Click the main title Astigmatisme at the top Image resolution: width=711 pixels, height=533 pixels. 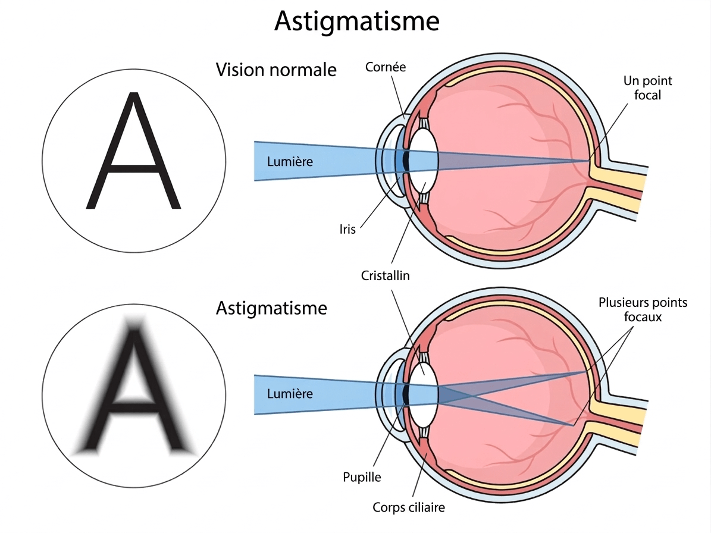tap(357, 21)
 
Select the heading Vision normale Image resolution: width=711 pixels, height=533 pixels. tap(276, 70)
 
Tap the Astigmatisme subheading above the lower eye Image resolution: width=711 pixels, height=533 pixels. tap(271, 308)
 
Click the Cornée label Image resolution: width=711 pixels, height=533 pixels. tap(386, 67)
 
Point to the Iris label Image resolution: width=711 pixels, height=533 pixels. tap(347, 230)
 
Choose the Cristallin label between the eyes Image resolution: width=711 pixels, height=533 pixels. tap(385, 275)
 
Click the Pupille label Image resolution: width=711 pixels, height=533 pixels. tap(362, 477)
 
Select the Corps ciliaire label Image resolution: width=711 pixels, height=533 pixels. tap(409, 507)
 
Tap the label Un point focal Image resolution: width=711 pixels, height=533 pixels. tap(647, 88)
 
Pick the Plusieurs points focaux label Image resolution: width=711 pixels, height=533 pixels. tap(643, 309)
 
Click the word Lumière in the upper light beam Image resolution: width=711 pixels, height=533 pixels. tap(290, 161)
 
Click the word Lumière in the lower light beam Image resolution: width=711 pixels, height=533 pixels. tap(290, 393)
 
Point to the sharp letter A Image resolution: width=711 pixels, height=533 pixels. tap(134, 150)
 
